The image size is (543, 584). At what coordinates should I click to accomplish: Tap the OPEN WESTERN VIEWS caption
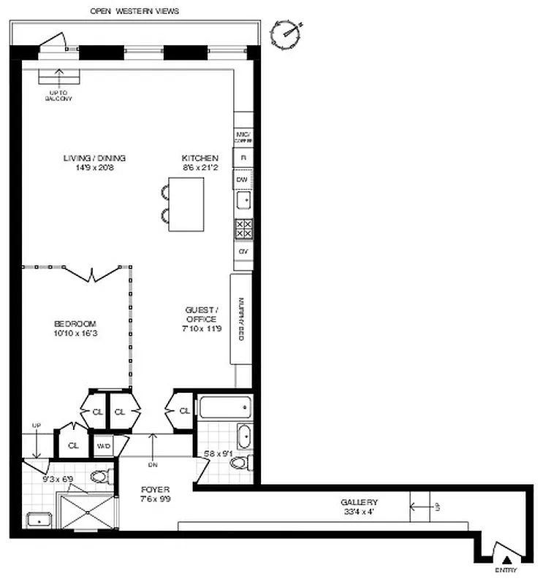click(134, 11)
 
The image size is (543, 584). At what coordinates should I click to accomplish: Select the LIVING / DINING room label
click(94, 162)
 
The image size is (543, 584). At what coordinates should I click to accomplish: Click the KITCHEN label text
click(200, 162)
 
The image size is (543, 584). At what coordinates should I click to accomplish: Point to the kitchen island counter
click(186, 205)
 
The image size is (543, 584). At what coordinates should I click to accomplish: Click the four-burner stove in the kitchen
click(243, 228)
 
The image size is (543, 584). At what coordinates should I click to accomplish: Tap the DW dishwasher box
click(243, 179)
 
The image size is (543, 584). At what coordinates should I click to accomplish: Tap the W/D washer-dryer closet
click(104, 445)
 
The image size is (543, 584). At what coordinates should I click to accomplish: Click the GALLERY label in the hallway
click(359, 507)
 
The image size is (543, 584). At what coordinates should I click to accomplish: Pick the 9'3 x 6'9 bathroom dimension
click(59, 480)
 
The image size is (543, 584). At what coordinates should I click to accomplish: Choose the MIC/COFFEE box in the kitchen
click(243, 136)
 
